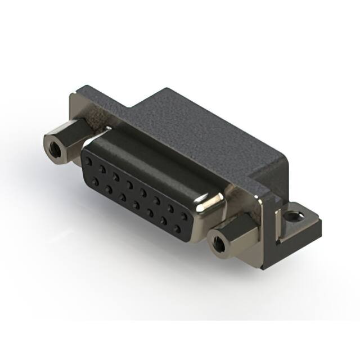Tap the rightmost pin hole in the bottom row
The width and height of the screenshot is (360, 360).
click(179, 228)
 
